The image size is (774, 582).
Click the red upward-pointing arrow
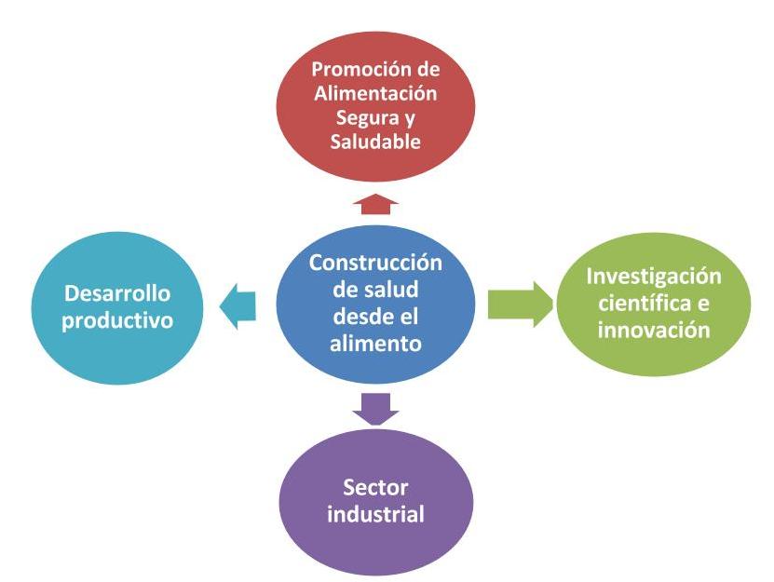pos(375,204)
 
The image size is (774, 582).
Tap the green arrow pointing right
pos(521,305)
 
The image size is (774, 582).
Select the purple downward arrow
pos(375,409)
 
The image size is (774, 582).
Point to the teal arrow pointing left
pos(238,306)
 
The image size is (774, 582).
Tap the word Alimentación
pos(375,93)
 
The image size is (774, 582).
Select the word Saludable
pos(375,142)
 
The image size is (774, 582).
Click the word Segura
pos(367,118)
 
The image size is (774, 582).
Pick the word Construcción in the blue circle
pos(375,263)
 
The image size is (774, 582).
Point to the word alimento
pos(375,343)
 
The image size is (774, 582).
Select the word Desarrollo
pos(117,293)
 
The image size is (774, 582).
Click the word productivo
pos(117,321)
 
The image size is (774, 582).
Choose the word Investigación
pos(654,277)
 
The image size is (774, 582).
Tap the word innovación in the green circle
pos(654,330)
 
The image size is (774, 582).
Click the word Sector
pos(375,488)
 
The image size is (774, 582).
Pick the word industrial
pos(375,514)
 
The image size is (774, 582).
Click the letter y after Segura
pos(409,120)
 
